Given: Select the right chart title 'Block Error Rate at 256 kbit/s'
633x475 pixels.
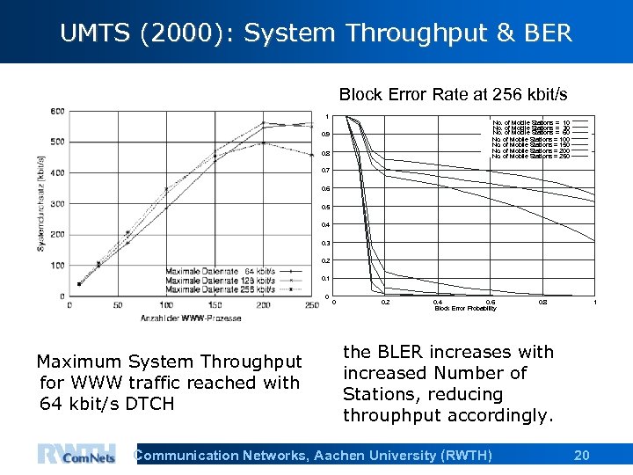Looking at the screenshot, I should [x=453, y=94].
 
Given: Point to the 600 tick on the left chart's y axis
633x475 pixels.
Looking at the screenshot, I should [x=57, y=111].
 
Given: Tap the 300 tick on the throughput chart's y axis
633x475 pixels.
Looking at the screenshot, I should [x=57, y=204].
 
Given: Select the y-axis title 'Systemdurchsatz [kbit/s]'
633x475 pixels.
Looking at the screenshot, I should [x=41, y=204].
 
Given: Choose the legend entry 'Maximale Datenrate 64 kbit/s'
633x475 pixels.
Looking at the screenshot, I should [x=220, y=271].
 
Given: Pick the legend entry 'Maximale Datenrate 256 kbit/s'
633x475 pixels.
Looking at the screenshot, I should [x=220, y=289].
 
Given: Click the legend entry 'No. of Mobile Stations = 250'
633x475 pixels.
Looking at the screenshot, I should [x=531, y=156].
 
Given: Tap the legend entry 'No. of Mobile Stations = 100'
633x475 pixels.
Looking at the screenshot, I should [x=531, y=140].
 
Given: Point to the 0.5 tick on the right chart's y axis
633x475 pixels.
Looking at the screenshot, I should [x=326, y=208].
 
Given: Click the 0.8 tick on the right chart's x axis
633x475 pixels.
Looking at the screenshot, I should [x=544, y=302].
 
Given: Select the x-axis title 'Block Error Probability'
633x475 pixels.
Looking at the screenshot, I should [x=465, y=309].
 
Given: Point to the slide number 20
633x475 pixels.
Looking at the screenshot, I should [x=581, y=455].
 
